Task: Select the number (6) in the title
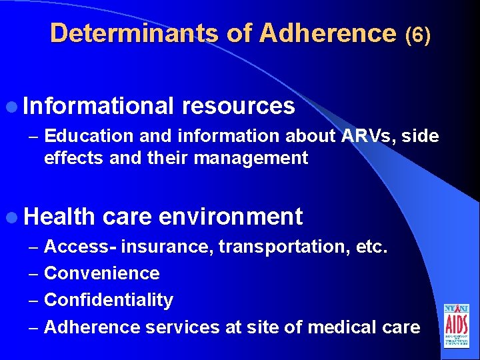coord(418,35)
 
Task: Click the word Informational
coord(99,105)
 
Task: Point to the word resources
coord(238,105)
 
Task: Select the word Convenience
coord(102,273)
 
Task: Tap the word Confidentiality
coord(109,300)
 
